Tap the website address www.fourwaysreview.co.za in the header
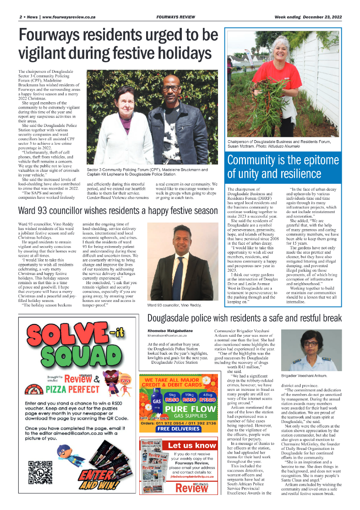pos(69,17)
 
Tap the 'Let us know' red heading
pos(192,445)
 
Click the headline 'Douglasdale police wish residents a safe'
pos(244,318)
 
